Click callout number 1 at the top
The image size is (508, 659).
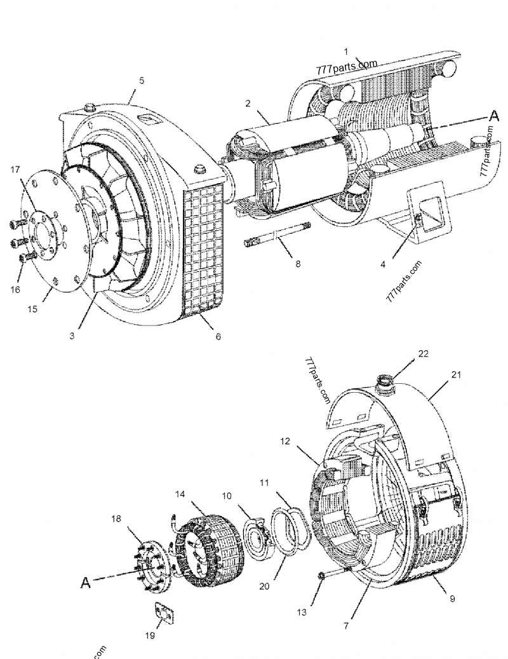(x=346, y=50)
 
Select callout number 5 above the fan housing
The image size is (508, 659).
(x=142, y=81)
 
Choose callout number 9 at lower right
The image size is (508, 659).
(x=453, y=598)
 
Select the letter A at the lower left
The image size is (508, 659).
(x=85, y=581)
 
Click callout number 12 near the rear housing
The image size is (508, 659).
(x=284, y=440)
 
